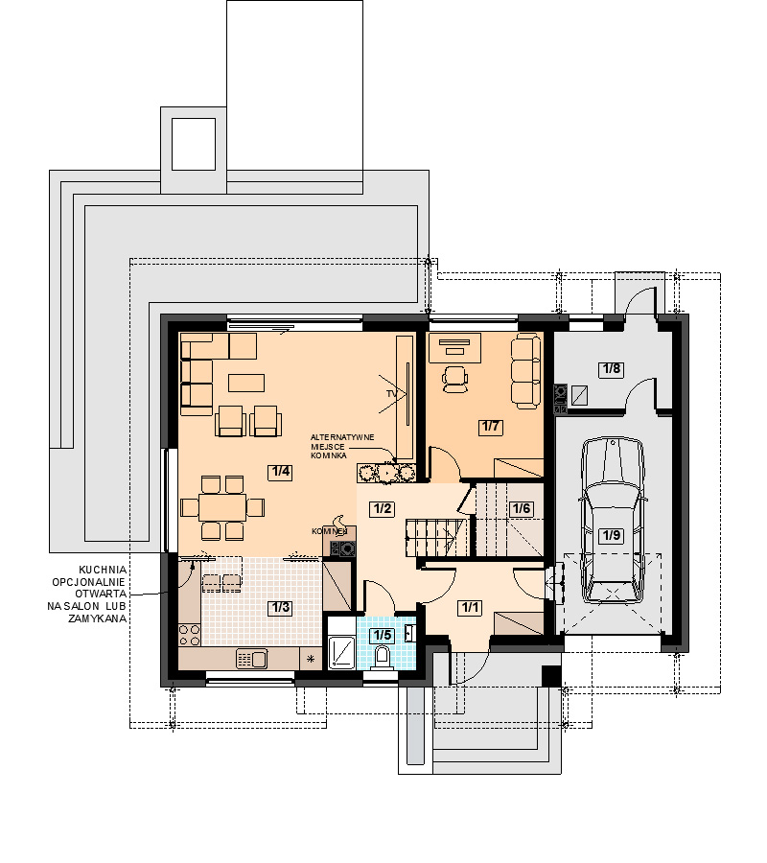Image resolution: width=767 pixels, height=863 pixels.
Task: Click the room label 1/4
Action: coord(280,472)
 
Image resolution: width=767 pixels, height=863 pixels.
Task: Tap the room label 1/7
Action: coord(490,427)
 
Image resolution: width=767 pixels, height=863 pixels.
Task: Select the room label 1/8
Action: coord(612,369)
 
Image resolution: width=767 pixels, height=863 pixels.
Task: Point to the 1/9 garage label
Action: coord(612,535)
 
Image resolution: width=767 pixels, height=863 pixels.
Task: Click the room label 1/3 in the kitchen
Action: coord(280,608)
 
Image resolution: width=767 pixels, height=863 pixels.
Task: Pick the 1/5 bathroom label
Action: coord(383,635)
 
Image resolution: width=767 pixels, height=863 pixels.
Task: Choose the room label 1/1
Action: coord(470,608)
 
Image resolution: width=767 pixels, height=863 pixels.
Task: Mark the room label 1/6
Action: coord(521,508)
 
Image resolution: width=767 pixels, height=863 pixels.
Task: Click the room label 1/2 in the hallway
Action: coord(383,508)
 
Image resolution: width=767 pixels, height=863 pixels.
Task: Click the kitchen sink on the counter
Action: coord(251,658)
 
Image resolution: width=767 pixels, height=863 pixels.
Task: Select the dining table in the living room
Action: coord(222,507)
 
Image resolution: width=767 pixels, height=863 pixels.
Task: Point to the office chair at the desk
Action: coord(455,379)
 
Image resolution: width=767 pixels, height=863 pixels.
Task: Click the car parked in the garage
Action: coord(612,520)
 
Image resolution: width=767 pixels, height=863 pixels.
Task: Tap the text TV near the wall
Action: coord(391,394)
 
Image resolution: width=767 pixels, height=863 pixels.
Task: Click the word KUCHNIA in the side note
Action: coord(103,570)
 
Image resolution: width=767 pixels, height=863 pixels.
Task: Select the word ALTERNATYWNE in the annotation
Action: coord(342,437)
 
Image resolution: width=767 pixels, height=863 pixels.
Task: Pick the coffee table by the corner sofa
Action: coord(246,383)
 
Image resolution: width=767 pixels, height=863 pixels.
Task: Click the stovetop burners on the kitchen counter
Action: coord(189,635)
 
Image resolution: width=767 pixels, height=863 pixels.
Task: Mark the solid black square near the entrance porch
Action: coord(550,676)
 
